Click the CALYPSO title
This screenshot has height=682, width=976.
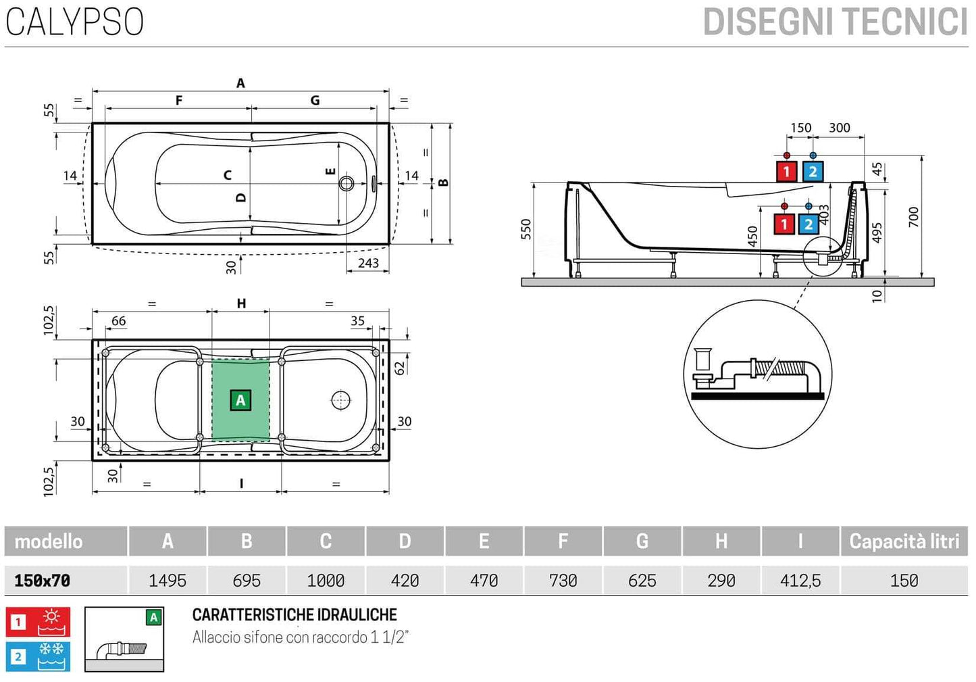(x=75, y=22)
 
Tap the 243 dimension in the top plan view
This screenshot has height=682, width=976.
(x=368, y=263)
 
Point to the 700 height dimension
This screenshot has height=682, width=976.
(x=914, y=217)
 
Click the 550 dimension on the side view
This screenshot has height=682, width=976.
(x=526, y=229)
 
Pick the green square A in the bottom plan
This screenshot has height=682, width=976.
(x=240, y=400)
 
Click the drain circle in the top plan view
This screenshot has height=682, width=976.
(x=346, y=183)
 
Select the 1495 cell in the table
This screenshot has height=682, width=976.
(x=168, y=581)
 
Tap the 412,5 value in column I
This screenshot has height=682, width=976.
(x=800, y=581)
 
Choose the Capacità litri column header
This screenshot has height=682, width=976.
(x=904, y=541)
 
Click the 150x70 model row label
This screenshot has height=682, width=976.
(x=43, y=581)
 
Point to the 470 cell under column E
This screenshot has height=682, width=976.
(x=484, y=581)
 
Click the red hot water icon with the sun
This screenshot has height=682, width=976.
(x=38, y=622)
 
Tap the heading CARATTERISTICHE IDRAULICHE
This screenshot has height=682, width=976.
(x=294, y=615)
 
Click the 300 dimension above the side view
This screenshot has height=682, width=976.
(x=840, y=128)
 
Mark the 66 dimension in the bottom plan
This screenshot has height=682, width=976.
(x=118, y=321)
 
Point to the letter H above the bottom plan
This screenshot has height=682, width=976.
(x=241, y=304)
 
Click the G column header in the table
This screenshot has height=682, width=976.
(x=642, y=541)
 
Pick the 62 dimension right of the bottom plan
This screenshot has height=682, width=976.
(x=400, y=368)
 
